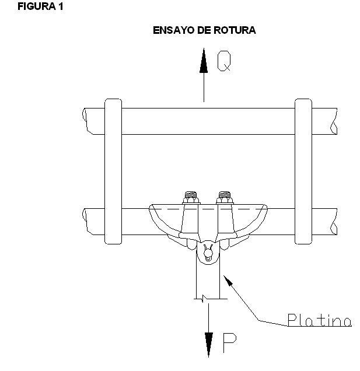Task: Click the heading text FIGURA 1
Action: click(x=40, y=6)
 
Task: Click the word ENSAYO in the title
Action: click(x=173, y=30)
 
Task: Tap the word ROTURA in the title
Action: click(x=235, y=30)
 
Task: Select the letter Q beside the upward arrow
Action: click(x=224, y=61)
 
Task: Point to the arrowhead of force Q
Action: click(x=204, y=60)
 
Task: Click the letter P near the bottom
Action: click(x=229, y=342)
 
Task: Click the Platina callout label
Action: click(x=320, y=320)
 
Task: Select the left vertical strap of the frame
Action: click(x=113, y=171)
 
